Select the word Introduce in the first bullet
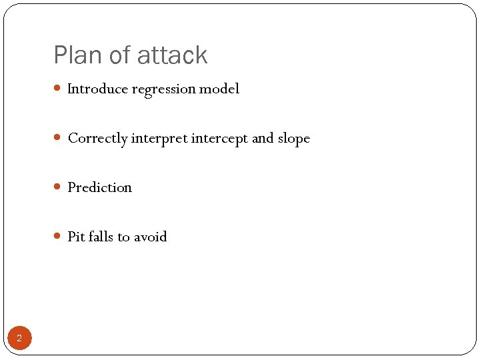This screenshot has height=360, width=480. click(97, 89)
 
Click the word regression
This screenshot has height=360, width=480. click(164, 89)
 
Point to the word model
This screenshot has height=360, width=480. click(220, 89)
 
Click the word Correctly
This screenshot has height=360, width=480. click(97, 139)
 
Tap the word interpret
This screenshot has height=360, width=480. click(159, 139)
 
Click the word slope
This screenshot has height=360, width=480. click(294, 139)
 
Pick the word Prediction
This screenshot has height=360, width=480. click(99, 187)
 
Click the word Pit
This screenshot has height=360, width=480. click(76, 237)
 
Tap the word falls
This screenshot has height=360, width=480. click(101, 237)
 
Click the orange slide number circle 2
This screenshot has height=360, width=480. click(19, 339)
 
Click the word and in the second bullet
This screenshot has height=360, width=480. click(263, 139)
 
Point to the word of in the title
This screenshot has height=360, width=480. click(121, 55)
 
